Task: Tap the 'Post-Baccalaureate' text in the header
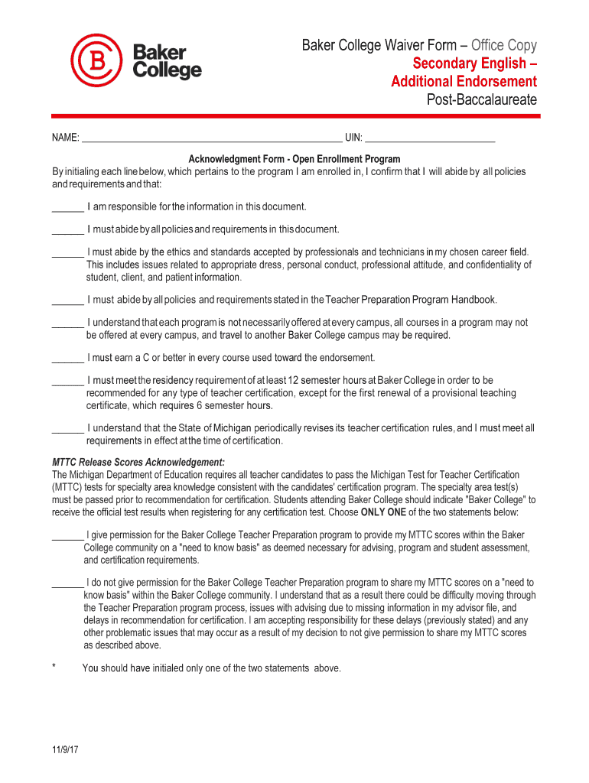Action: tap(481, 100)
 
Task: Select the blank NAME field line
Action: tap(212, 140)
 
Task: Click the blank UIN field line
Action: tap(430, 140)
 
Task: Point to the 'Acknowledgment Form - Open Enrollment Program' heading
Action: tap(294, 159)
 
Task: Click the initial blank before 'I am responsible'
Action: tap(67, 209)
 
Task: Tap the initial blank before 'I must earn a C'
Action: tap(67, 359)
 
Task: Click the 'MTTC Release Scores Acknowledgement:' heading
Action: tap(138, 463)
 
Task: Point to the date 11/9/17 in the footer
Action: tap(67, 750)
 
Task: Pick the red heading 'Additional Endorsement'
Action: tap(464, 82)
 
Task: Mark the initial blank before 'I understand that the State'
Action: tap(67, 430)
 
